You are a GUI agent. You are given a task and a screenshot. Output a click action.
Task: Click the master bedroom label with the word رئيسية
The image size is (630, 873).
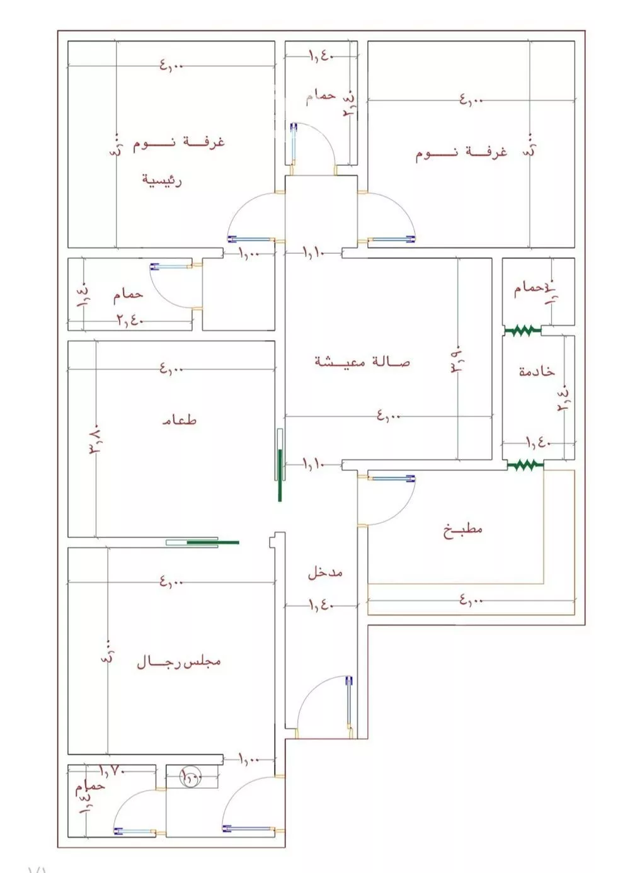coord(162,180)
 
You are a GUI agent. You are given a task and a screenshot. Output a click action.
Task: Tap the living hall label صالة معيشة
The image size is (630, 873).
coord(362,362)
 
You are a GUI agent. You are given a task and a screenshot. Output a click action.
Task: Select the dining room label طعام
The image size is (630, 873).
coord(180,419)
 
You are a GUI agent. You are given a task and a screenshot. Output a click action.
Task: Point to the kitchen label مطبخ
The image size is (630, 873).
coord(463,529)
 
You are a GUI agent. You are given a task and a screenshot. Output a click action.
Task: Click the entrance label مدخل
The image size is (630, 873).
coord(325,573)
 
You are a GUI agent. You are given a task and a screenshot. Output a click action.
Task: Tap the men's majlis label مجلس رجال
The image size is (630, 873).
coord(179,662)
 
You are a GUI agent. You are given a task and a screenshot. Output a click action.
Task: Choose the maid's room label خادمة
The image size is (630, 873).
coord(537,372)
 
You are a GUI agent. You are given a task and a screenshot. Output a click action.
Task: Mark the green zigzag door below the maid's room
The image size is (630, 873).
coord(525,465)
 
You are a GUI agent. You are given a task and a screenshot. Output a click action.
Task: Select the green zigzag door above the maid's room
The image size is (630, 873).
coord(522,329)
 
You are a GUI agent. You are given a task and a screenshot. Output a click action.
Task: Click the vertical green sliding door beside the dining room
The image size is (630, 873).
coord(280,465)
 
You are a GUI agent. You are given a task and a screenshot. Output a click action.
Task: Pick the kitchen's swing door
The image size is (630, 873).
coord(387,501)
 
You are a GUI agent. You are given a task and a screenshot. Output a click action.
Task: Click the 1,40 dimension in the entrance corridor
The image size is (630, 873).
coord(321,605)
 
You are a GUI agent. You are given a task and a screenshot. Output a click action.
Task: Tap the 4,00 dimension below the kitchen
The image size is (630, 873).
coord(471,600)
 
